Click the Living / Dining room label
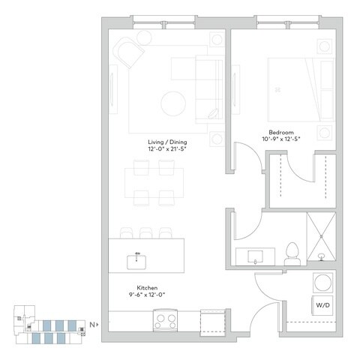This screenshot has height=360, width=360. coord(166,141)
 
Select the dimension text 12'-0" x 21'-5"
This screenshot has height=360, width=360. coord(166,149)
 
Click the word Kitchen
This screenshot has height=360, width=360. coord(145,287)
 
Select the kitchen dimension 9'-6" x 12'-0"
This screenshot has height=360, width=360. coord(145,295)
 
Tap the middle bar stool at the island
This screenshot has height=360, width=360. coord(145,232)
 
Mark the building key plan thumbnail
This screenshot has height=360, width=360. coord(52,326)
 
